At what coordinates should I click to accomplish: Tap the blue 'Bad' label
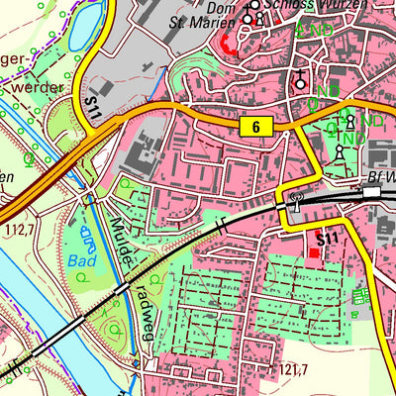click(82, 261)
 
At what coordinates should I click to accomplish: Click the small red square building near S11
click(315, 253)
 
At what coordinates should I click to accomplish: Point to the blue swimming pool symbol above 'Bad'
click(85, 238)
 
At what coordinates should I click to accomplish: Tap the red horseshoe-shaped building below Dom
click(229, 42)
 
